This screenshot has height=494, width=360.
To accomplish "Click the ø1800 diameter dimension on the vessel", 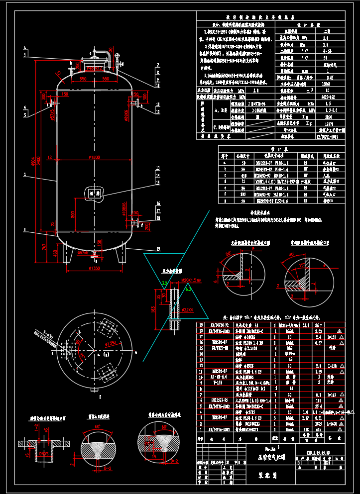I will (x=95, y=158).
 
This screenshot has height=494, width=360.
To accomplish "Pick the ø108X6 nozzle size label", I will (x=123, y=207).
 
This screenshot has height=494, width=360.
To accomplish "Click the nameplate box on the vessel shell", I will (x=94, y=194).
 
